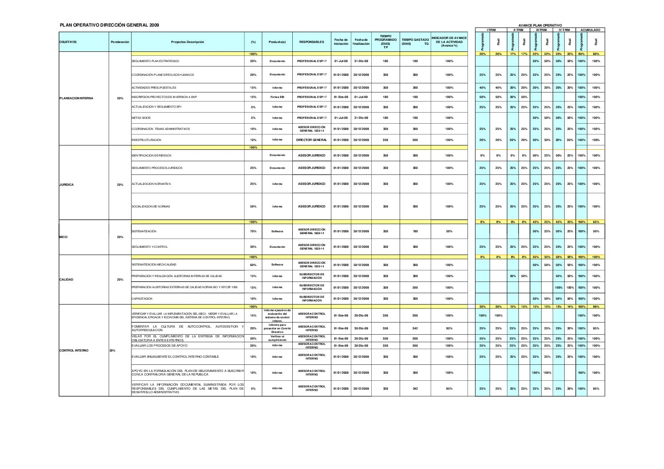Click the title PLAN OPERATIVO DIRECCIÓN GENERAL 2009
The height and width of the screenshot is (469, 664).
coord(109,25)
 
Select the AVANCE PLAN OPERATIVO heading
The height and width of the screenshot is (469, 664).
coord(539,25)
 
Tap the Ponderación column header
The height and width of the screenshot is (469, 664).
coord(120,42)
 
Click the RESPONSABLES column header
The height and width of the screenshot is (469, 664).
coord(311,42)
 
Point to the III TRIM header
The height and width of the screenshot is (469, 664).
coord(541,30)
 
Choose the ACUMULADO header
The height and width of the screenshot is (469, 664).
coord(590,30)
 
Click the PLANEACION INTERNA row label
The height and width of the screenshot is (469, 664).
coord(76,98)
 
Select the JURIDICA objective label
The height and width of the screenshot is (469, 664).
coord(67,184)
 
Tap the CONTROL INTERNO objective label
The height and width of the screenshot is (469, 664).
coord(74,350)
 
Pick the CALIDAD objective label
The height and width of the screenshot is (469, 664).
coord(66,280)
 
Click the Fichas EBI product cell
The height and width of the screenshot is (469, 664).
coord(277,97)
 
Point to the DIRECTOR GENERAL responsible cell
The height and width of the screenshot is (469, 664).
coord(311,140)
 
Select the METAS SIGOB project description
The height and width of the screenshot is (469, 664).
coord(141,118)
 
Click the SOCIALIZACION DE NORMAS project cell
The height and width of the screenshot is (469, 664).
coord(151,207)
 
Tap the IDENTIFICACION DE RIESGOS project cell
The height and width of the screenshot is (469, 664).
coord(151,156)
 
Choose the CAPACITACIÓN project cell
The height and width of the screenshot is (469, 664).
coord(142,299)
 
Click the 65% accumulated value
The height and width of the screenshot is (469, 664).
coord(596,222)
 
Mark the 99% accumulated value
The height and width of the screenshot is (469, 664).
coord(596,306)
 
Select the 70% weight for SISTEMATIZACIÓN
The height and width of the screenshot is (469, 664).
coord(253,231)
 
